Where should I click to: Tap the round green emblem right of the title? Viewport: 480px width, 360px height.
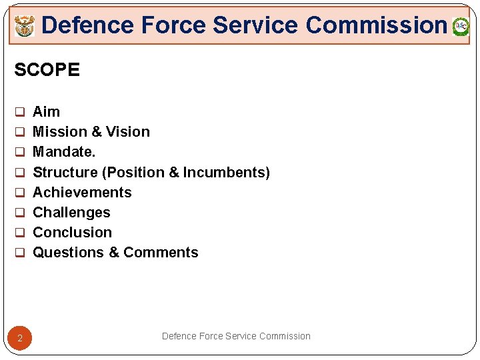461,27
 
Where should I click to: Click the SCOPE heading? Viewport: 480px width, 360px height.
47,69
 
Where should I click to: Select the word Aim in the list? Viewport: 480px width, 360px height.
46,111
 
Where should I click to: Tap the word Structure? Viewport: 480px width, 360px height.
65,172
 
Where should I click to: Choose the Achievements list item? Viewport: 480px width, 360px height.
82,192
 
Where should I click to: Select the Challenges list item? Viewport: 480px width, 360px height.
71,212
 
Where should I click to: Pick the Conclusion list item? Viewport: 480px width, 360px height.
72,232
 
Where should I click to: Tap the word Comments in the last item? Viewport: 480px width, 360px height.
161,252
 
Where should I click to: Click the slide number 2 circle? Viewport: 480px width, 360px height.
20,339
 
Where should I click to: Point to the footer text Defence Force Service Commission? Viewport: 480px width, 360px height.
236,336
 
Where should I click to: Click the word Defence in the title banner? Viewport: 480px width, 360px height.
87,25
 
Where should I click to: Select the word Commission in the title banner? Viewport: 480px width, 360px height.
376,25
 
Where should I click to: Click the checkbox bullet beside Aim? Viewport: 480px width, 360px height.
20,112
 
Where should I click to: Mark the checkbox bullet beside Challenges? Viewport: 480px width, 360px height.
20,213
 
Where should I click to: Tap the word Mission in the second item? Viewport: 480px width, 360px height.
58,131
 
